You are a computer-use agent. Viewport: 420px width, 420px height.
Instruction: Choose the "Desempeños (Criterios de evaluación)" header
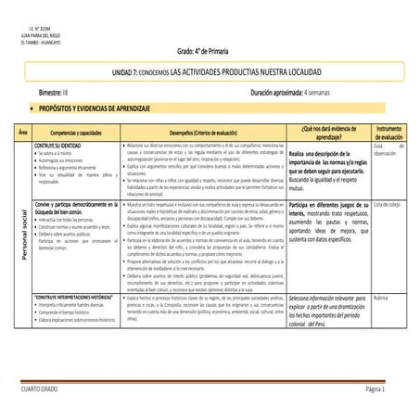pos(202,135)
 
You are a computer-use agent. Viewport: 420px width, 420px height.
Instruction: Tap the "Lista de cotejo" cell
pos(388,203)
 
